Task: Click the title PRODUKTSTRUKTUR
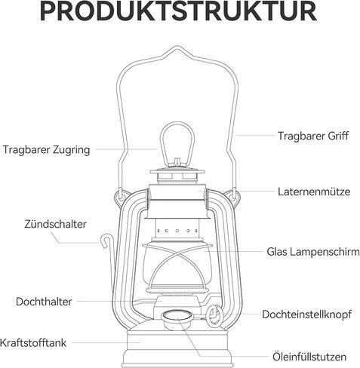(x=178, y=11)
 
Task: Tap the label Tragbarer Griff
(x=313, y=136)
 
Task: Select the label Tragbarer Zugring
(x=46, y=150)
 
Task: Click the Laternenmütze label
(x=314, y=192)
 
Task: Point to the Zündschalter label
(x=55, y=224)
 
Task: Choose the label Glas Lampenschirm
(x=313, y=252)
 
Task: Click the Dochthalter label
(x=44, y=302)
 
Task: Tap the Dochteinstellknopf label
(x=306, y=314)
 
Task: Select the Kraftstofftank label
(x=33, y=342)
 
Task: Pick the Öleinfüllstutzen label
(x=309, y=357)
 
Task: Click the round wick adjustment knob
(x=214, y=315)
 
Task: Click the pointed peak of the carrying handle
(x=177, y=47)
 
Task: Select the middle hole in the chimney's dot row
(x=177, y=231)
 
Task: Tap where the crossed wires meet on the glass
(x=177, y=254)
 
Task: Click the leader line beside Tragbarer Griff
(x=255, y=136)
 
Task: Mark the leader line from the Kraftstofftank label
(x=106, y=342)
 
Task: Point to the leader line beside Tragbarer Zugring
(x=126, y=149)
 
